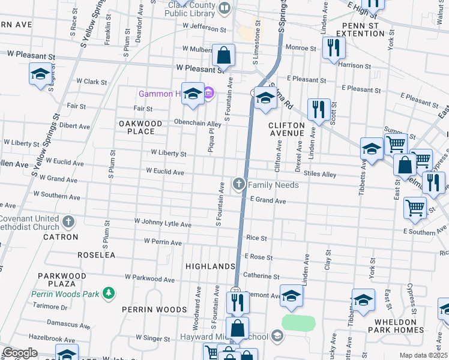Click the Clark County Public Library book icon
click(224, 8)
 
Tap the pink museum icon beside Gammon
click(208, 93)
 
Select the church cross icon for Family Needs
click(239, 184)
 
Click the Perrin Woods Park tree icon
click(109, 293)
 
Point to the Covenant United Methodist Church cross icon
click(68, 221)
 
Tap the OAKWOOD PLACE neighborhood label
click(140, 127)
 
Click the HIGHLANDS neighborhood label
click(210, 266)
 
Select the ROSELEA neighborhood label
click(97, 255)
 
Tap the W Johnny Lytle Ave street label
click(163, 224)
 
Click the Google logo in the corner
click(19, 353)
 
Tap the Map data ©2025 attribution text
click(424, 355)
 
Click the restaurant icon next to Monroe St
click(331, 47)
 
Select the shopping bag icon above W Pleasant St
click(223, 56)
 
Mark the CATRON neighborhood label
click(61, 237)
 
